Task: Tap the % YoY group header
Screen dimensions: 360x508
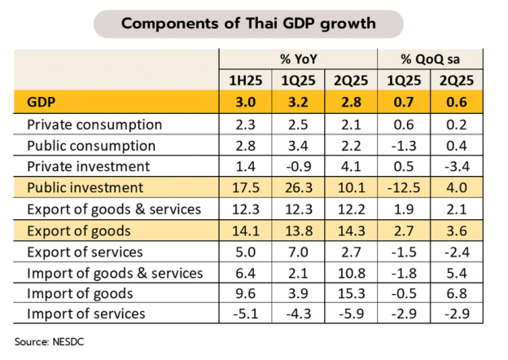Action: [298, 59]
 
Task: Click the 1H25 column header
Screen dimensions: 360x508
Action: [245, 81]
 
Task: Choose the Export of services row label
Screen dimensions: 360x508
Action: [85, 251]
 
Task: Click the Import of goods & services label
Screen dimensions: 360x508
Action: [114, 272]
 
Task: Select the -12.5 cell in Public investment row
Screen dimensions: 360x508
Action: [404, 187]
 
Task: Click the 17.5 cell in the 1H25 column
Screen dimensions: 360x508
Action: [245, 187]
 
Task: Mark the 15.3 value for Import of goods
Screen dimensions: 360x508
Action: [351, 293]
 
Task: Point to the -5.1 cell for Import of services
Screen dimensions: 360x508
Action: [245, 314]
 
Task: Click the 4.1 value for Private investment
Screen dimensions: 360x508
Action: [351, 166]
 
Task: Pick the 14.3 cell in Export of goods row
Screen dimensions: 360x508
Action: [351, 230]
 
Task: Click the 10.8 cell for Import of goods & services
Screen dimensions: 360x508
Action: [351, 272]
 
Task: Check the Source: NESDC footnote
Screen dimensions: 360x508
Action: [49, 340]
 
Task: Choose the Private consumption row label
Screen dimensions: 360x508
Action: [94, 125]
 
